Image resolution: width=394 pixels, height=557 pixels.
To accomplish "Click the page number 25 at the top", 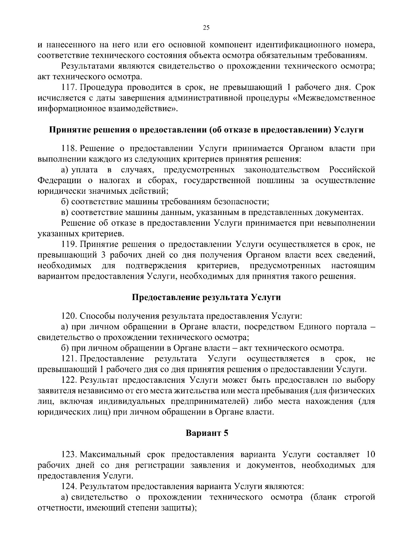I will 206,28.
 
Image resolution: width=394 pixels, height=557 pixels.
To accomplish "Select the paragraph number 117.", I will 69,88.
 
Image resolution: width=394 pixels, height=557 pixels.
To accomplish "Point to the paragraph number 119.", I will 69,245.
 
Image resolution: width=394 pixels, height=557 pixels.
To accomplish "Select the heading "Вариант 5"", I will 207,433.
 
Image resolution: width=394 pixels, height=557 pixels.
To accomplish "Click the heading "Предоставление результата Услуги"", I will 207,297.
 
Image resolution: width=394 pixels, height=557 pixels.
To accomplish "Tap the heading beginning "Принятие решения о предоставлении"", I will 207,130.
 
